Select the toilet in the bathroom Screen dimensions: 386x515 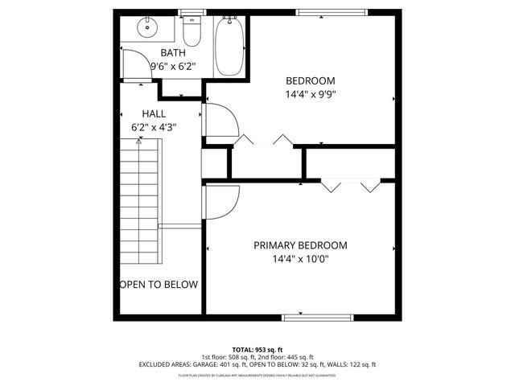pyautogui.click(x=192, y=33)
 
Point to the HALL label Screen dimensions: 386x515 pyautogui.click(x=154, y=113)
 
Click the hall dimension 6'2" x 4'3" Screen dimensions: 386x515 pyautogui.click(x=154, y=127)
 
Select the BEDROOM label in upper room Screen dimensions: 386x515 pyautogui.click(x=310, y=80)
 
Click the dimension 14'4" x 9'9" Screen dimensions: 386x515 pyautogui.click(x=310, y=94)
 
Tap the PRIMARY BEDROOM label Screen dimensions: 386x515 pyautogui.click(x=300, y=245)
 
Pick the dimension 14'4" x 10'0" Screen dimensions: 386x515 pyautogui.click(x=300, y=259)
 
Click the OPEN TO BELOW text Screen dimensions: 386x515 pyautogui.click(x=159, y=285)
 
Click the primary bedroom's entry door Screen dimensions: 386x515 pyautogui.click(x=221, y=201)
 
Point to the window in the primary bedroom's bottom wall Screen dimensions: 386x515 pyautogui.click(x=317, y=317)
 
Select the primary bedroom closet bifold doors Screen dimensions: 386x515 pyautogui.click(x=350, y=187)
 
